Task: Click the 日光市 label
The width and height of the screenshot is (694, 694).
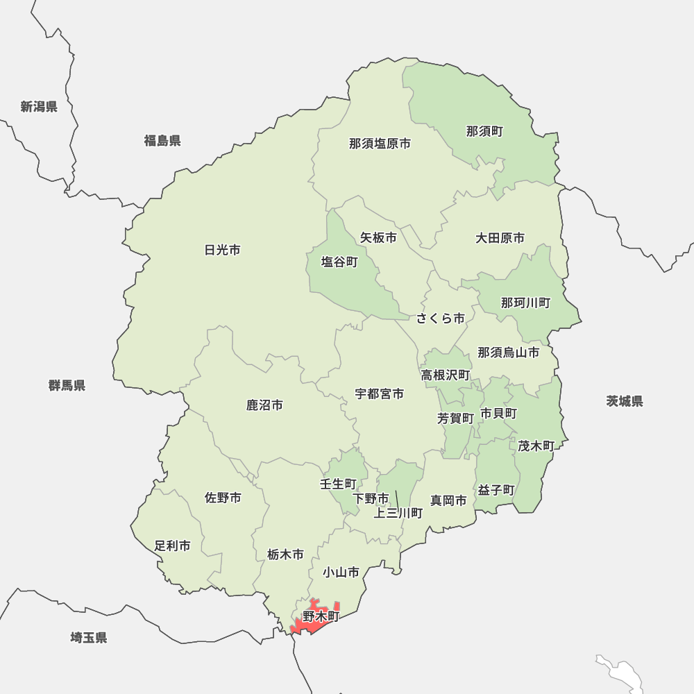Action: click(223, 250)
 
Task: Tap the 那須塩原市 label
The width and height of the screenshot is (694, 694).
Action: click(380, 144)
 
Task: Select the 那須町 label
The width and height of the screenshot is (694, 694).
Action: click(484, 130)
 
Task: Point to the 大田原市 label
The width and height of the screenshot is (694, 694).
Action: click(500, 238)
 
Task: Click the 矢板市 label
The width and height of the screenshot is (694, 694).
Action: click(378, 237)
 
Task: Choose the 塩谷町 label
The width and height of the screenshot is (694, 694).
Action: click(339, 262)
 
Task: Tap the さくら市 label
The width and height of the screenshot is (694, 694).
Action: click(441, 319)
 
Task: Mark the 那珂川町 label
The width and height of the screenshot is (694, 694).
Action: click(525, 303)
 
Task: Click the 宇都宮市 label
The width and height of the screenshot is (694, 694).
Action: click(380, 393)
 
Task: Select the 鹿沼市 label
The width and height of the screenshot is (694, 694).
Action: click(264, 405)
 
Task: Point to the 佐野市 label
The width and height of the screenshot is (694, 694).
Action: click(223, 498)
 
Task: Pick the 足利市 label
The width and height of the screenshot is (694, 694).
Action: click(172, 546)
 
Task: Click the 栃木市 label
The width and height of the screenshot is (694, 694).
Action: click(285, 555)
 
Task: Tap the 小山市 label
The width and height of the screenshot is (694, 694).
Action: click(341, 573)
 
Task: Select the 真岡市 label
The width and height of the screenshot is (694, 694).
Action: click(448, 500)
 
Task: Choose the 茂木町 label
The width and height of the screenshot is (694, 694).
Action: click(536, 446)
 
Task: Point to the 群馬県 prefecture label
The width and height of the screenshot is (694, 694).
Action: click(67, 385)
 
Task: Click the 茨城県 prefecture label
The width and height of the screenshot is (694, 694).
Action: click(624, 401)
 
